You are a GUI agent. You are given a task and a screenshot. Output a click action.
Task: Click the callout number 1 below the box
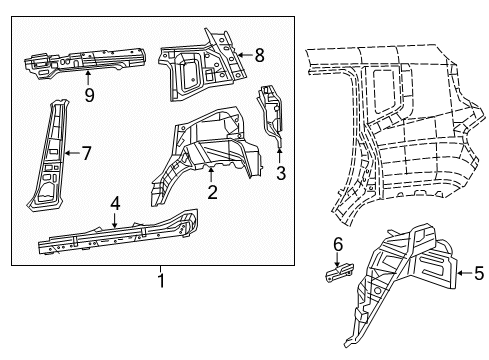[x=159, y=282]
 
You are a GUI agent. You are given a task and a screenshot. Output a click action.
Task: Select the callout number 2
[x=211, y=193]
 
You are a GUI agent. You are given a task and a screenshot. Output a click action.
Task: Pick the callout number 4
[x=115, y=204]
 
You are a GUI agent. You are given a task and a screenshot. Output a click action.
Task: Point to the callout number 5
[x=478, y=270]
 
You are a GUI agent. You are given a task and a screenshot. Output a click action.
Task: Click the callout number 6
[x=337, y=243]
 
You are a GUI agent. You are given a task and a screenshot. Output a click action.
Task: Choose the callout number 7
[x=86, y=153]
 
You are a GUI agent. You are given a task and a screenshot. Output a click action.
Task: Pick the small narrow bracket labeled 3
[x=272, y=115]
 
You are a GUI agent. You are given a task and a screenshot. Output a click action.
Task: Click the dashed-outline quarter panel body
[x=400, y=130]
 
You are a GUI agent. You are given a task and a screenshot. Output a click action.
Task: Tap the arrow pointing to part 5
[x=461, y=270]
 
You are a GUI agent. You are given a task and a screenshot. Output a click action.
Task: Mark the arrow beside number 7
[x=70, y=153]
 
